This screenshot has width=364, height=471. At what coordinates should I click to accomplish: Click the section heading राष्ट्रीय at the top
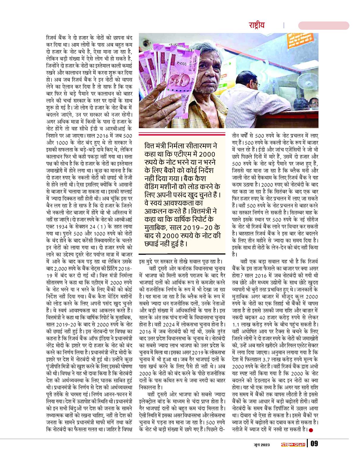pos(256,25)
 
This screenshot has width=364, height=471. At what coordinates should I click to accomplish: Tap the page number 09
pos(314,444)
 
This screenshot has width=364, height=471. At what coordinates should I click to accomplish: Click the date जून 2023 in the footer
pos(261,445)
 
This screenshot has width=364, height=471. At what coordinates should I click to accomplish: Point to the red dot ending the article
pos(311,429)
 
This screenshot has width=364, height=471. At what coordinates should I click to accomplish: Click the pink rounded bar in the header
pos(324,26)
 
